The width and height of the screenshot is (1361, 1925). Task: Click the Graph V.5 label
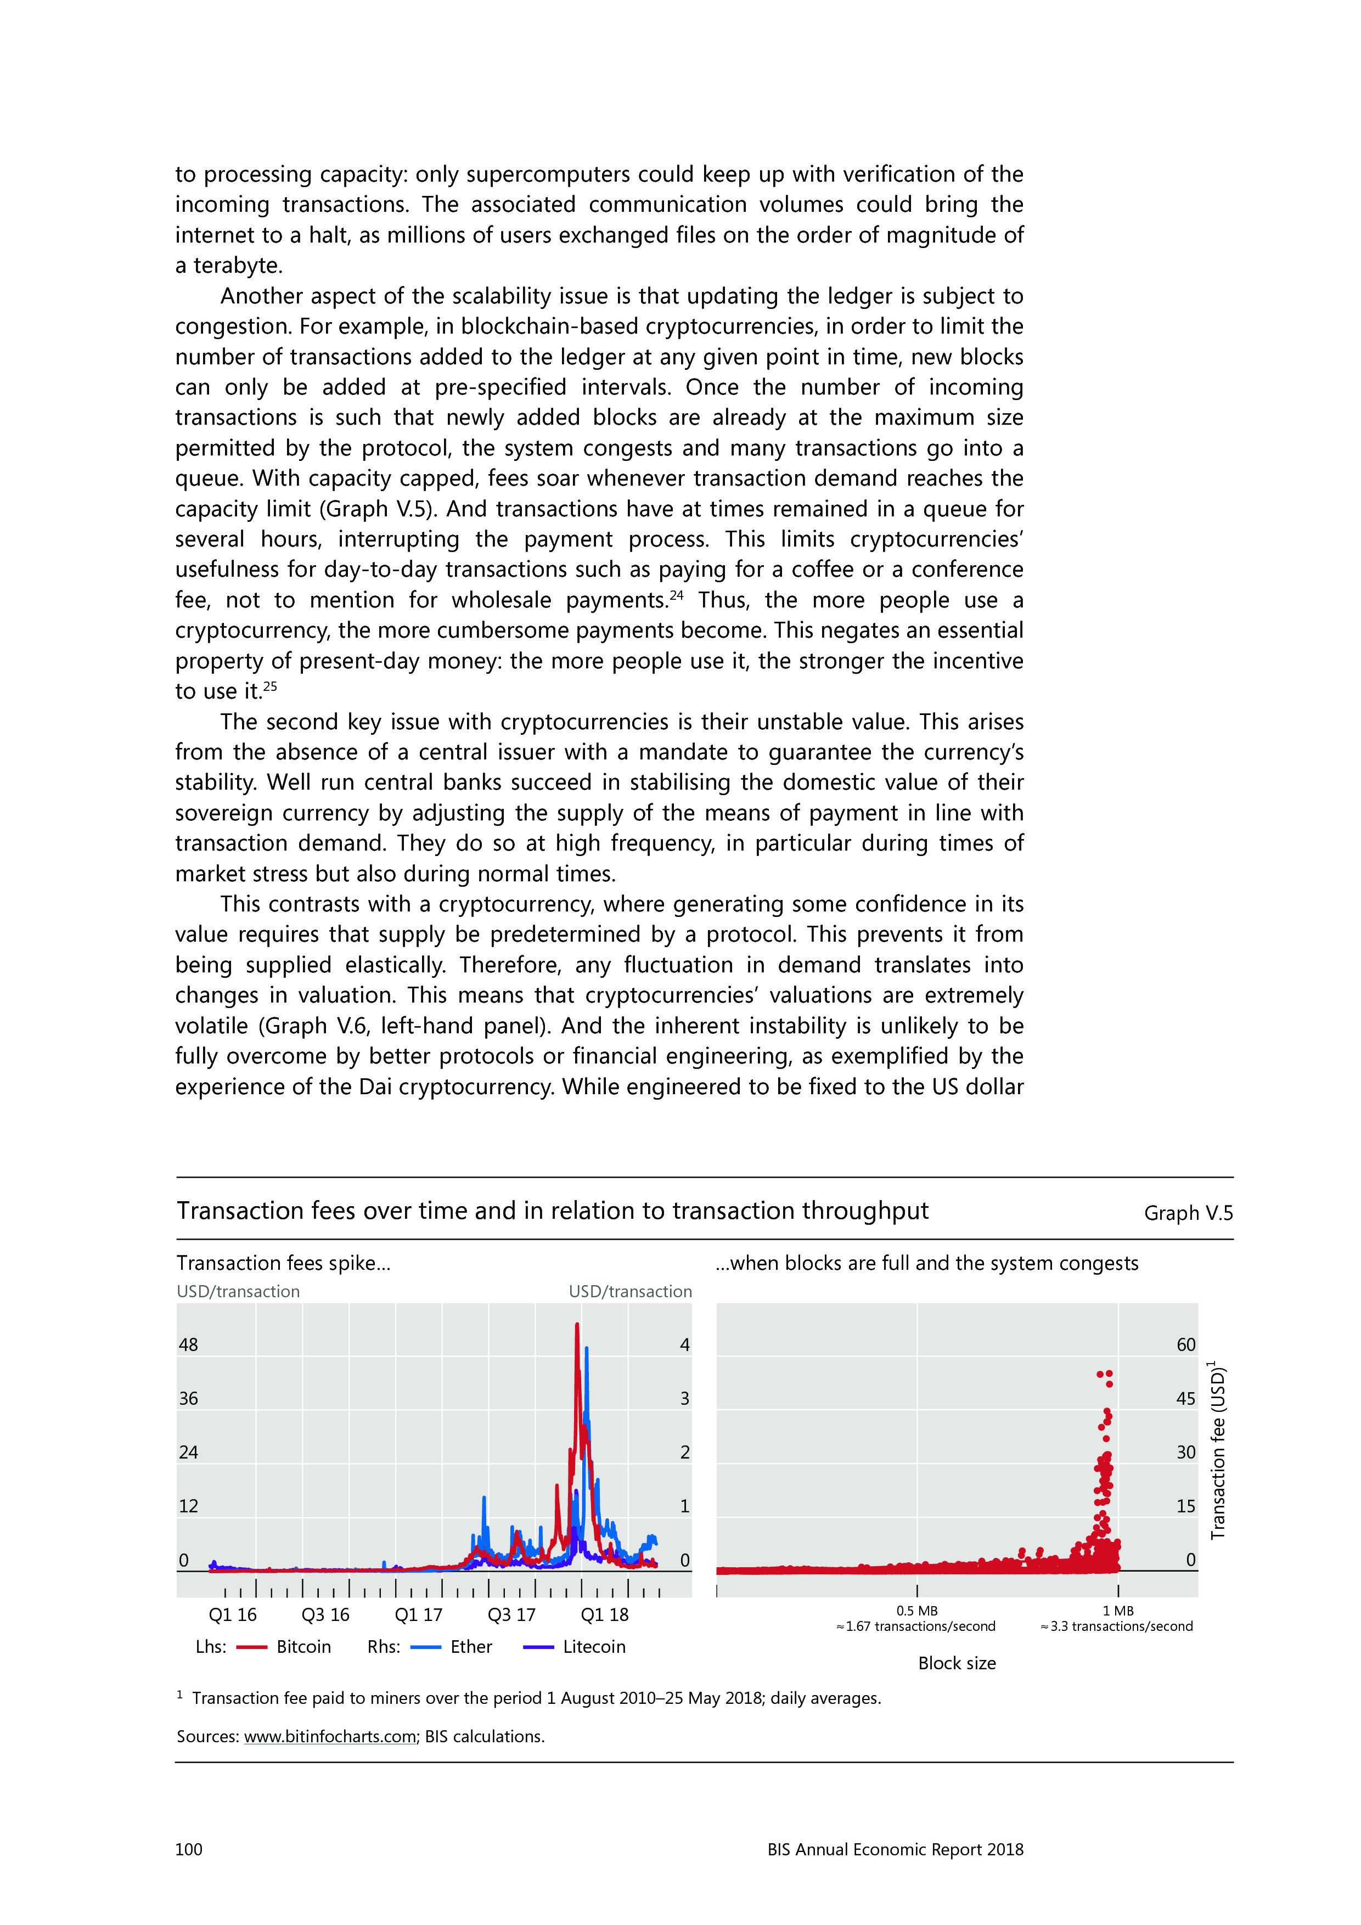coord(1188,1213)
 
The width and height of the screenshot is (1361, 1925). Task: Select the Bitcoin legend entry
coord(303,1647)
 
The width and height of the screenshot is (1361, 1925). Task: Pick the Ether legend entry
coord(470,1647)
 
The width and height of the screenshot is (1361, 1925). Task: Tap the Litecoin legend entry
coord(594,1647)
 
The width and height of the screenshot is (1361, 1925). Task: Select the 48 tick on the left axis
coord(189,1345)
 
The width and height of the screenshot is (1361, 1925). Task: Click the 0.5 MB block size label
coord(916,1611)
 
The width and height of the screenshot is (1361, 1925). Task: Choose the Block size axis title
coord(957,1663)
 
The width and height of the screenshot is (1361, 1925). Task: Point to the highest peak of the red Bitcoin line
coord(577,1325)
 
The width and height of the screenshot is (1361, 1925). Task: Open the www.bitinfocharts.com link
coord(330,1736)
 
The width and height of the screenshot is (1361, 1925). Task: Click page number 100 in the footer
coord(189,1849)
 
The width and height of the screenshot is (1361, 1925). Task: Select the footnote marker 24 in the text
coord(677,595)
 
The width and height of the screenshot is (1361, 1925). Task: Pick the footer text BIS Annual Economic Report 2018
coord(895,1849)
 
